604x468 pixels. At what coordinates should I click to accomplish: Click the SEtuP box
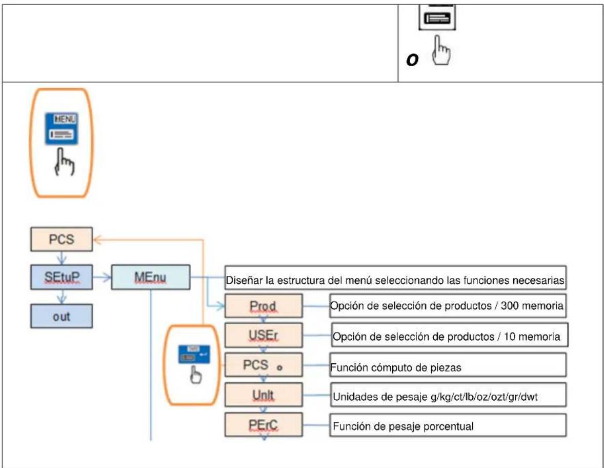click(62, 277)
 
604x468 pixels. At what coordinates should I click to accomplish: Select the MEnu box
click(151, 277)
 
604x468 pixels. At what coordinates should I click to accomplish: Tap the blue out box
click(62, 316)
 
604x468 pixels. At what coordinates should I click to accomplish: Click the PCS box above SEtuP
click(62, 240)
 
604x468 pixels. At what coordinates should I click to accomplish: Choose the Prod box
click(264, 306)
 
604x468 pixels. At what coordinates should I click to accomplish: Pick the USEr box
click(264, 335)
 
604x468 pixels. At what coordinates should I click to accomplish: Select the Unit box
click(264, 395)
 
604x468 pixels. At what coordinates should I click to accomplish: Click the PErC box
click(264, 424)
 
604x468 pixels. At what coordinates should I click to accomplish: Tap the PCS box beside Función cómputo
click(264, 365)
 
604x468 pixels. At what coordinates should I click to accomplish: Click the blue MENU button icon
click(62, 129)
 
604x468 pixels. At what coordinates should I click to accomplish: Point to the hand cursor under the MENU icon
click(64, 162)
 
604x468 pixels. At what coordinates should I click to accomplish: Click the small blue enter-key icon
click(194, 354)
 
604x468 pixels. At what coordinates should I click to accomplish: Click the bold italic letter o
click(412, 60)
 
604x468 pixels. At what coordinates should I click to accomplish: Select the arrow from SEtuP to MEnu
click(102, 277)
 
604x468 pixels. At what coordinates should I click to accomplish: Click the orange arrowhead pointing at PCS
click(97, 240)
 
